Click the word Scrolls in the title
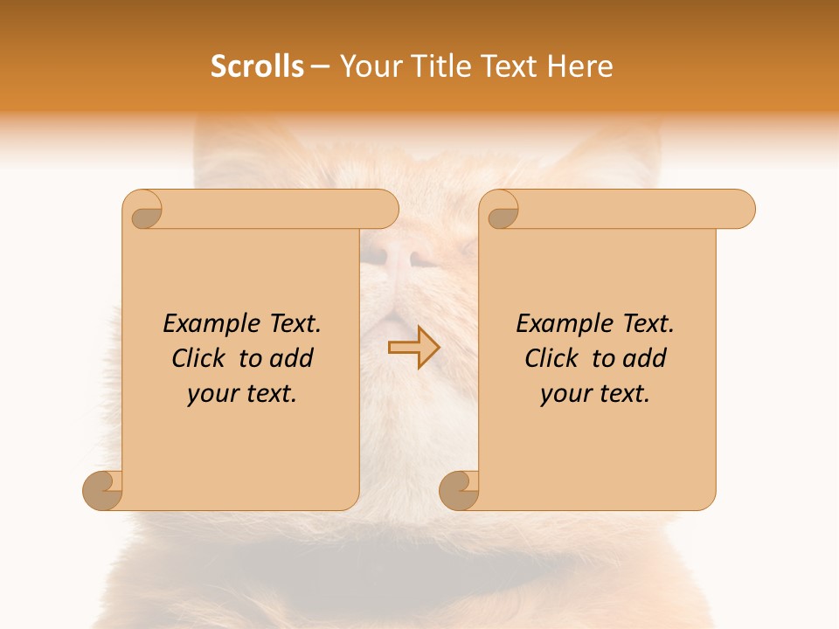257,66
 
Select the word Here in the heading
579,66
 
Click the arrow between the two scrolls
413,347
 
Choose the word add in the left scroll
292,358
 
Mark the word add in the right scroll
645,358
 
